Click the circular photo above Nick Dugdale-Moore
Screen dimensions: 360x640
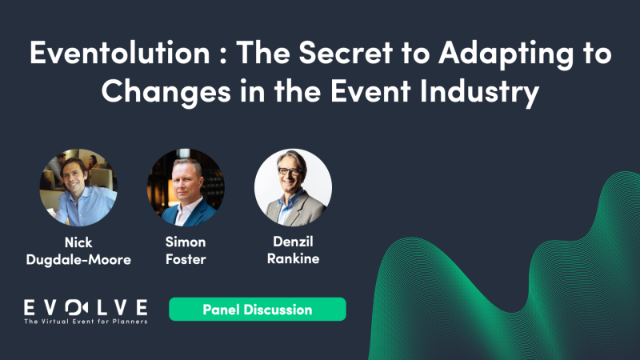[x=78, y=187]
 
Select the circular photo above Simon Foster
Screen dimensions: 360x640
[x=186, y=187]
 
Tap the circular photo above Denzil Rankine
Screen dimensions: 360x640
[x=293, y=187]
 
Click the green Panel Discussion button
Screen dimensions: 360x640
[x=257, y=309]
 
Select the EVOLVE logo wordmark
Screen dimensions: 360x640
[x=86, y=307]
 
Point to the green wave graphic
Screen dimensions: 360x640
[x=512, y=280]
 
